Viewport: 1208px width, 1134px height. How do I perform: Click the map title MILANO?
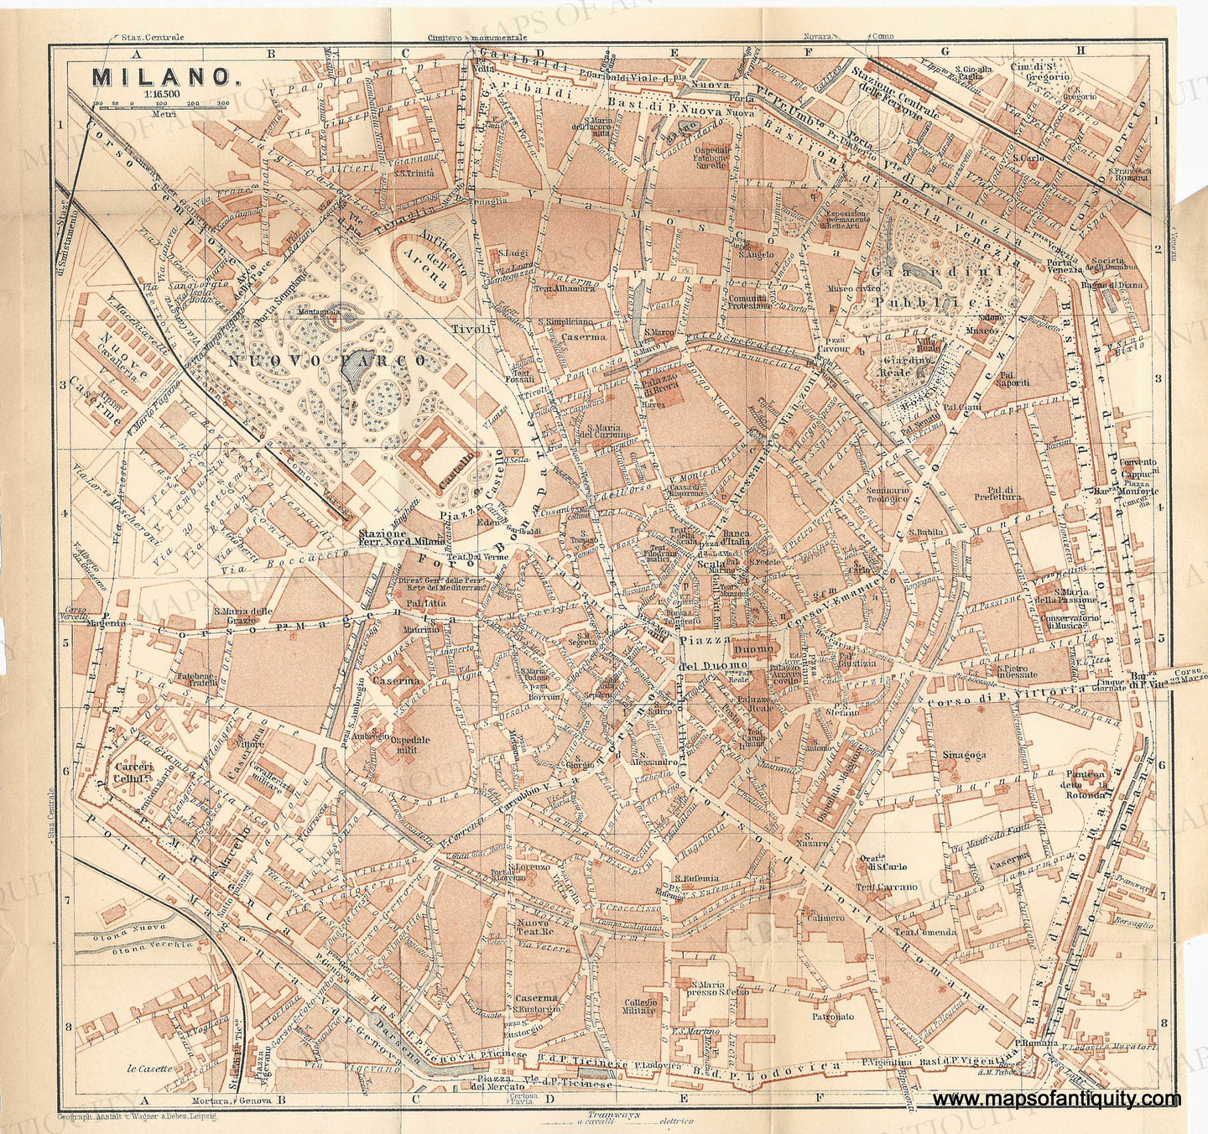161,76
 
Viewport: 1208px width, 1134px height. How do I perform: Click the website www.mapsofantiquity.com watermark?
1055,1100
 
